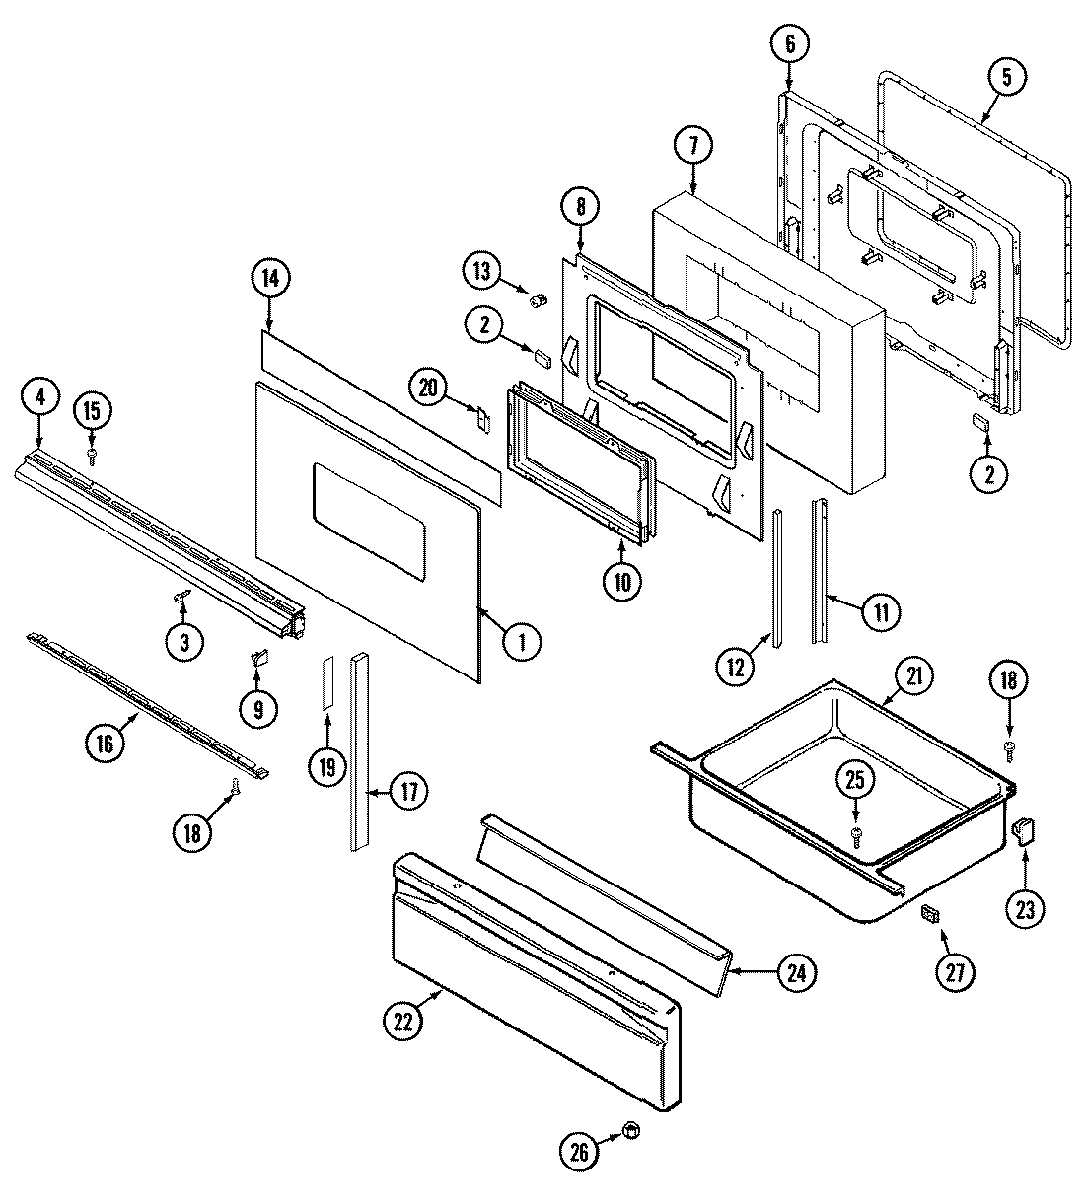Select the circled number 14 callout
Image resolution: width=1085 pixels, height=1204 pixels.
click(x=270, y=279)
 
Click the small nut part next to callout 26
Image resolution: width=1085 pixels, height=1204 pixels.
click(x=630, y=1130)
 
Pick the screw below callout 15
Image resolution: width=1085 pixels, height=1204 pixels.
click(x=92, y=454)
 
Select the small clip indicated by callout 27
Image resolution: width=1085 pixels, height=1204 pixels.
click(x=928, y=915)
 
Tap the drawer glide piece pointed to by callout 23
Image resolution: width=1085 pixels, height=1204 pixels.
click(x=1023, y=830)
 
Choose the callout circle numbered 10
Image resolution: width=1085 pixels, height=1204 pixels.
click(x=622, y=581)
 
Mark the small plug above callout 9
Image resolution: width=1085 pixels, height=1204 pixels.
click(x=259, y=655)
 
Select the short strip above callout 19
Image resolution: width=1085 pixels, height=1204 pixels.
click(x=326, y=681)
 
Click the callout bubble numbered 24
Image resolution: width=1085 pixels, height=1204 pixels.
click(x=796, y=973)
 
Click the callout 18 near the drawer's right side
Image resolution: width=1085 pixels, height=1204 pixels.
click(x=1009, y=680)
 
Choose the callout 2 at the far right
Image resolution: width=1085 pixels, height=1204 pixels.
click(x=989, y=473)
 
